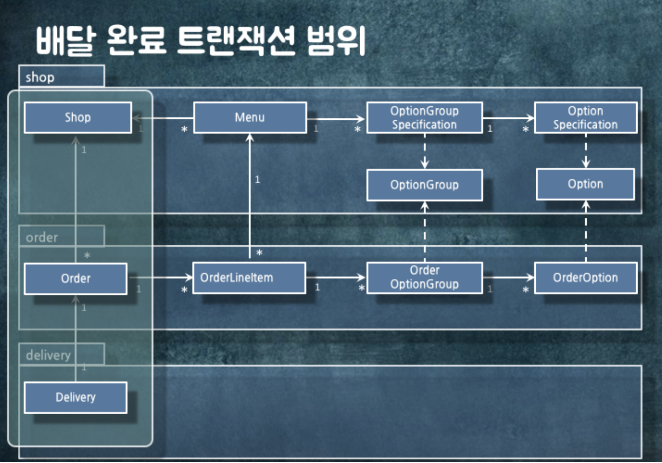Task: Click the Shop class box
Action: pos(78,118)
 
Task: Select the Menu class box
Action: pos(250,118)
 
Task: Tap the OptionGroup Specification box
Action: pos(424,118)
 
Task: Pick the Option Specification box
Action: pos(585,118)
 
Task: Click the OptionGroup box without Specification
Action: pos(424,185)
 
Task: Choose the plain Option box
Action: pos(585,184)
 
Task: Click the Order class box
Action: pos(76,279)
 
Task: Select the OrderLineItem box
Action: pos(249,278)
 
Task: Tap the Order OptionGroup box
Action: pos(424,278)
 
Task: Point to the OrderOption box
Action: pos(585,278)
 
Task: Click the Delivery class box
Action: pos(76,397)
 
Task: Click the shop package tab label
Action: pos(40,77)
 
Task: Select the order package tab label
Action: pos(42,238)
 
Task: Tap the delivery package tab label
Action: pos(48,355)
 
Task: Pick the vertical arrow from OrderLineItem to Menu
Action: pos(250,195)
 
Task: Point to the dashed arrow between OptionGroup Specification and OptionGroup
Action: pos(424,151)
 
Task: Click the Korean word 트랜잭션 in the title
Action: pos(236,41)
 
